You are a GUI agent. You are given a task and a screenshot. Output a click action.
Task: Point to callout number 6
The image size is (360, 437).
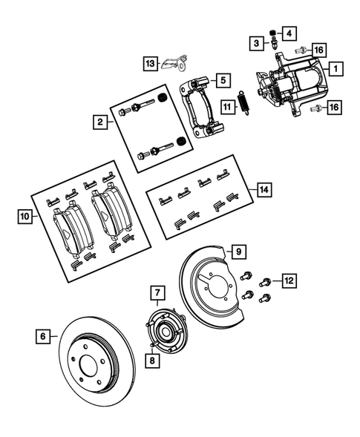(43, 336)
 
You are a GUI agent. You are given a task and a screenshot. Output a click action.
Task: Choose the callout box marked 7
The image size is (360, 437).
(157, 294)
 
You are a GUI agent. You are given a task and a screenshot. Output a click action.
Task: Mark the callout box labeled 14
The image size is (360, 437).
(263, 190)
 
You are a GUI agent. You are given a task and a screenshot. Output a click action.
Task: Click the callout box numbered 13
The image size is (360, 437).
(151, 65)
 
